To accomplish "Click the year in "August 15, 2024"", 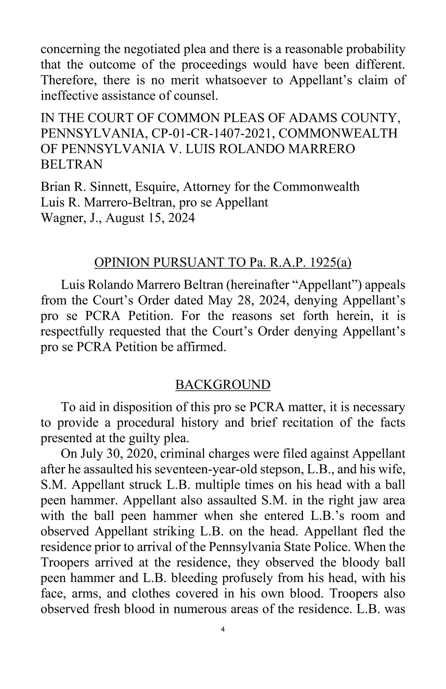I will pyautogui.click(x=181, y=218).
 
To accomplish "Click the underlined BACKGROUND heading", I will pyautogui.click(x=223, y=384).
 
